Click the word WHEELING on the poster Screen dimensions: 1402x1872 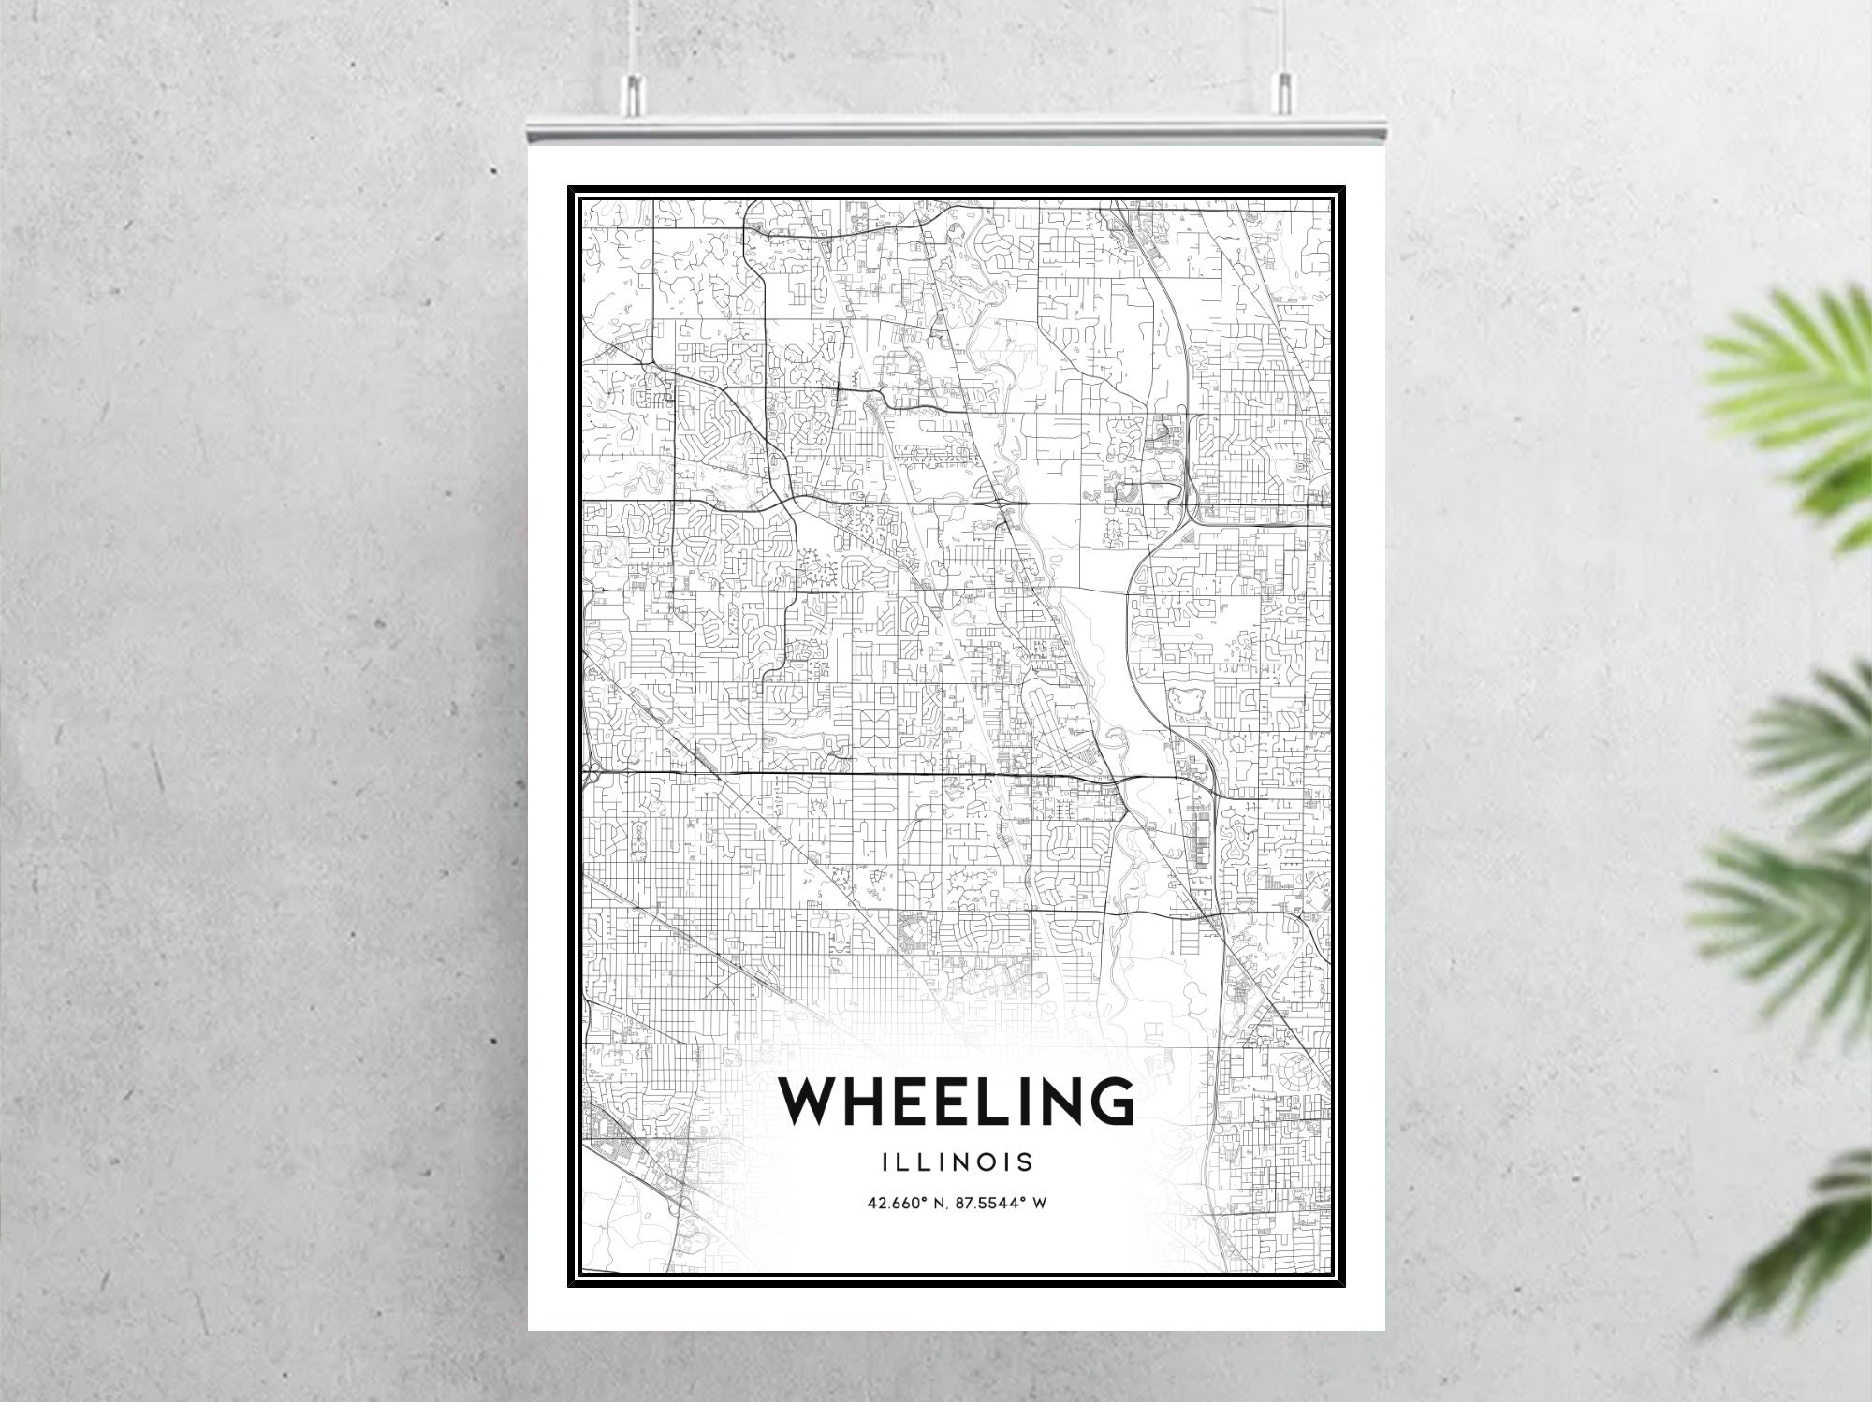pyautogui.click(x=956, y=1101)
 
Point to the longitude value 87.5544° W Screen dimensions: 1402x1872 pyautogui.click(x=999, y=1203)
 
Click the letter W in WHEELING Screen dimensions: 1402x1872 pyautogui.click(x=814, y=1101)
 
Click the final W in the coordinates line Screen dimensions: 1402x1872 pyautogui.click(x=1038, y=1203)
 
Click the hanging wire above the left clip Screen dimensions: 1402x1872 pyautogui.click(x=633, y=37)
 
